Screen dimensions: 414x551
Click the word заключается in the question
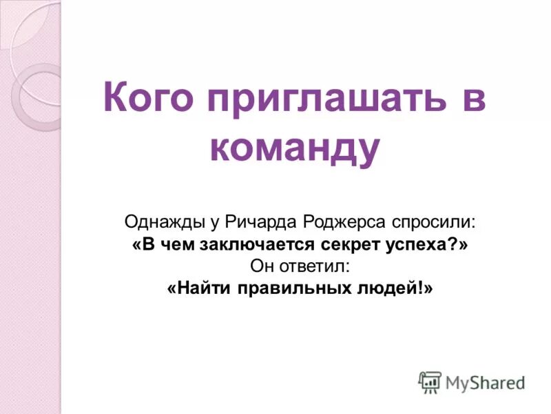click(258, 244)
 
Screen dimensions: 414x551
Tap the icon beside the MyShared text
click(430, 382)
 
